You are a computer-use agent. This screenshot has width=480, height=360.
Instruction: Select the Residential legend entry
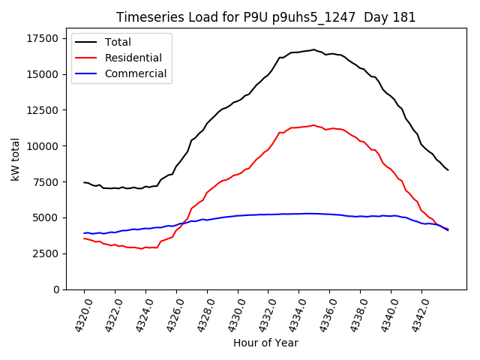(133, 58)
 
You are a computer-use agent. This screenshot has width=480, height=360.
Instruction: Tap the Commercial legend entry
(135, 74)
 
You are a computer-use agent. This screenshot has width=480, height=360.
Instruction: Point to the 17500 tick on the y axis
(40, 38)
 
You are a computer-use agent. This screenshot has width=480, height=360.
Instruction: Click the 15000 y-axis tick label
(40, 74)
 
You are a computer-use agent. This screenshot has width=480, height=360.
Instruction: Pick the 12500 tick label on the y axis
(40, 110)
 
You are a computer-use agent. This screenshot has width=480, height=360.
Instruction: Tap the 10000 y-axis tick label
(40, 146)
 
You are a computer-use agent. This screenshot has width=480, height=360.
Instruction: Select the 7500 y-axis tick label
(43, 182)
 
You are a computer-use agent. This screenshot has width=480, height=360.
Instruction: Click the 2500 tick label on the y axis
(43, 253)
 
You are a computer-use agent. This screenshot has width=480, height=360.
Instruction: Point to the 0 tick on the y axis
(55, 289)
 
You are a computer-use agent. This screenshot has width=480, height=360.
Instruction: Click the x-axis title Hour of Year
(265, 343)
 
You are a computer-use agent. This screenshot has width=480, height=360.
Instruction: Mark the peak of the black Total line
(313, 49)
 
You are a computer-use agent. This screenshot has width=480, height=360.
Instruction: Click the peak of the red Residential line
(313, 125)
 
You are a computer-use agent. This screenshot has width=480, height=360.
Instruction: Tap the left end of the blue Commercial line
(84, 233)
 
